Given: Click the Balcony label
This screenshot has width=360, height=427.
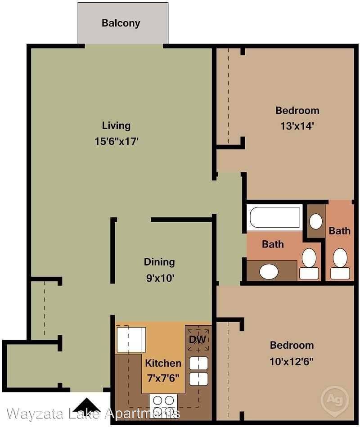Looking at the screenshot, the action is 121,23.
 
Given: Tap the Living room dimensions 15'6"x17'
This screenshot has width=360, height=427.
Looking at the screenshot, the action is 117,142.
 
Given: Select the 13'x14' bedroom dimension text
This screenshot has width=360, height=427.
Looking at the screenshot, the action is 297,126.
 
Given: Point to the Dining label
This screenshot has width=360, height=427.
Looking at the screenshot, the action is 159,262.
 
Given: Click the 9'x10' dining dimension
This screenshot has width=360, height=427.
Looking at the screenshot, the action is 160,278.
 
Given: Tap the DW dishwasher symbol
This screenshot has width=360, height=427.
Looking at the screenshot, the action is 198,340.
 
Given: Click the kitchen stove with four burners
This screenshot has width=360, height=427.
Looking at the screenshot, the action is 163,406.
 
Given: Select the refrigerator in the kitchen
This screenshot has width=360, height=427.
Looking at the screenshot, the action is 131,340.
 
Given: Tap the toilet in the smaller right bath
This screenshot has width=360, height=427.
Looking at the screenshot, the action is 340,264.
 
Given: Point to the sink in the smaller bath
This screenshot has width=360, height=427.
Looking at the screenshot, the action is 316,221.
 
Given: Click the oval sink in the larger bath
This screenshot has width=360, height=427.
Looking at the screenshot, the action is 269,271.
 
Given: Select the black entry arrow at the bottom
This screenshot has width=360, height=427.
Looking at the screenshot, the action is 86,405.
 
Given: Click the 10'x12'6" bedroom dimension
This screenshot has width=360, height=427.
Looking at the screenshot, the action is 292,362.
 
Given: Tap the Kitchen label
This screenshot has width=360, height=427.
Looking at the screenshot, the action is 163,363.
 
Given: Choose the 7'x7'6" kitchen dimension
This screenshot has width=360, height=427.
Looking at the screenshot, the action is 163,378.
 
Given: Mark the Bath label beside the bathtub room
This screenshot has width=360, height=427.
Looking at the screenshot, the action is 273,244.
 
